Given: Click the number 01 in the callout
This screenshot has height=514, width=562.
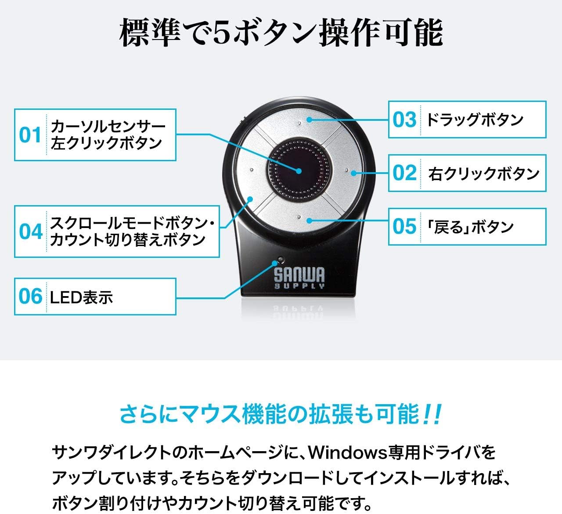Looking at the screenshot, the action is click(30, 135).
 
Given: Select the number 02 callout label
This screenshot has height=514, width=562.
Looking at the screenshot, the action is click(404, 173).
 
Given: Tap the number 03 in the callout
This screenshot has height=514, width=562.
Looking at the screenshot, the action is click(404, 119).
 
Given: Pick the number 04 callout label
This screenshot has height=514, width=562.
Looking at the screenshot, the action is click(30, 232).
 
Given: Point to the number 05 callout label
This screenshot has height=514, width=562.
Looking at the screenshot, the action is click(404, 226).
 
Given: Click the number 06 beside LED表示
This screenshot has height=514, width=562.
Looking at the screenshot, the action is click(30, 297).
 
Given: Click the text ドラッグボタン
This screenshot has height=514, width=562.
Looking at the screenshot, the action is click(475, 119).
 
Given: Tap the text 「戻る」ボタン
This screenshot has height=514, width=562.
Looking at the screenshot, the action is click(470, 227).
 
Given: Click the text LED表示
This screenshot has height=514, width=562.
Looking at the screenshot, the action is click(82, 297).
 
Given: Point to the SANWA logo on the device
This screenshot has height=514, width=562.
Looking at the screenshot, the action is click(299, 278).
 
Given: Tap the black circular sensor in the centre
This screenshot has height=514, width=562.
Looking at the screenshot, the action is click(299, 170).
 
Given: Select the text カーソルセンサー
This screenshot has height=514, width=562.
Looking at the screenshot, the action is click(108, 127).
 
